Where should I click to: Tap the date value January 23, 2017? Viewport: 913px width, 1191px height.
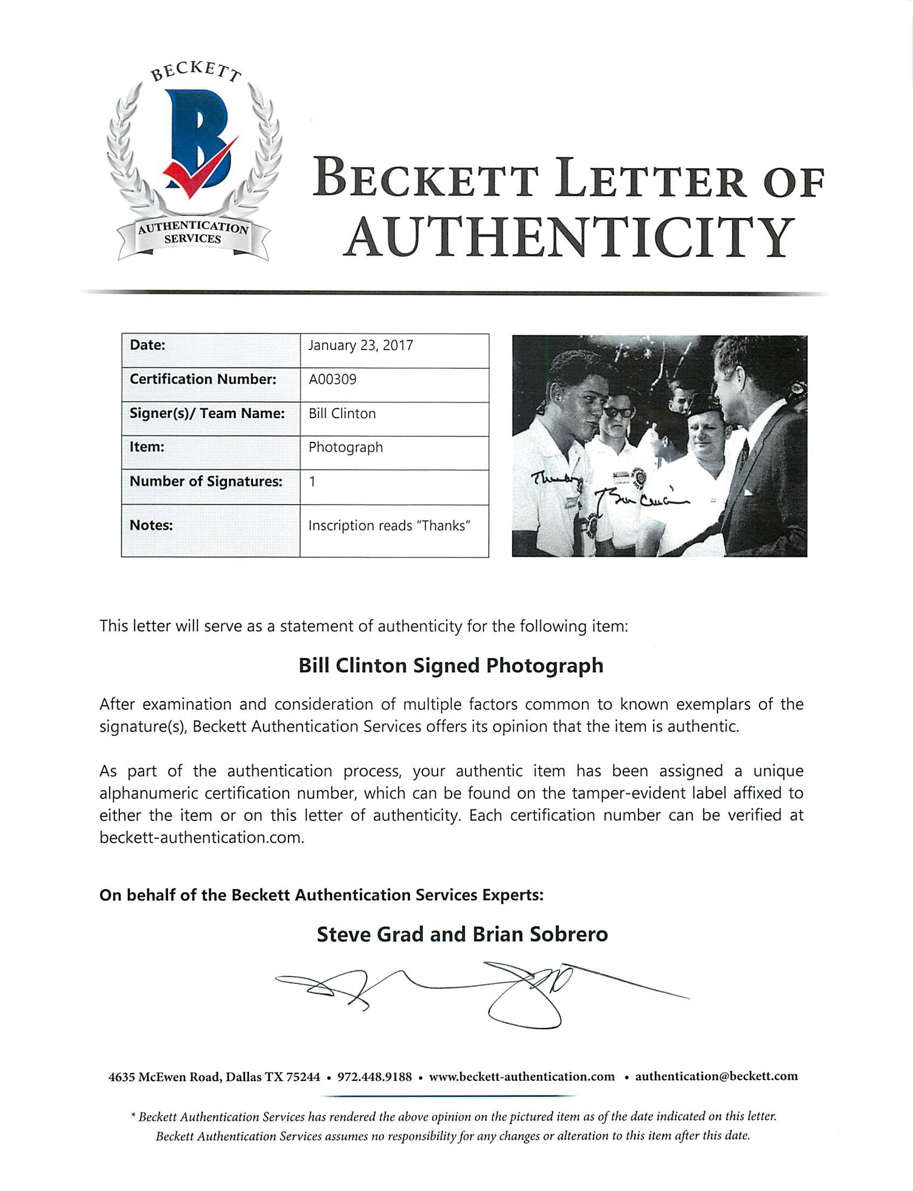[360, 346]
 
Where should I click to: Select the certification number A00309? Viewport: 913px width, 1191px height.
[332, 380]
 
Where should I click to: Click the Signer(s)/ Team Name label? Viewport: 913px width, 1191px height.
[207, 414]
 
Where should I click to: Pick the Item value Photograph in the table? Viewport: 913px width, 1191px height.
[346, 447]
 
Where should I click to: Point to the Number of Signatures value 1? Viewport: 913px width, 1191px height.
[312, 481]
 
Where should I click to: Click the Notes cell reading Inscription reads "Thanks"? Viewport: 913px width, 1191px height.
[390, 526]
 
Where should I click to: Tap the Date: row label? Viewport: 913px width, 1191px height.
[147, 345]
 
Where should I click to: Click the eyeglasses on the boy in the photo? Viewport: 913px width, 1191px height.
[617, 410]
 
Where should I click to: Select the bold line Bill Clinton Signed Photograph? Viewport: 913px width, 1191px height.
[450, 666]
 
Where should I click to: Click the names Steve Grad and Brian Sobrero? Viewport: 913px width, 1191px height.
[462, 934]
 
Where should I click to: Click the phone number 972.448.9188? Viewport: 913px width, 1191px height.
[374, 1077]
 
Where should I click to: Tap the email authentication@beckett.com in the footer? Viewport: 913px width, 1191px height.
[716, 1076]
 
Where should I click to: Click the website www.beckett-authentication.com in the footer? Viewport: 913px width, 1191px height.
[522, 1077]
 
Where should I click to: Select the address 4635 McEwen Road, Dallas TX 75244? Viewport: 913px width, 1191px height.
[214, 1077]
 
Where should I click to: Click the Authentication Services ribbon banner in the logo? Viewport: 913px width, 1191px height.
[193, 234]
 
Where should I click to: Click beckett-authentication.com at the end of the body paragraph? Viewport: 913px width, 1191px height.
[200, 837]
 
